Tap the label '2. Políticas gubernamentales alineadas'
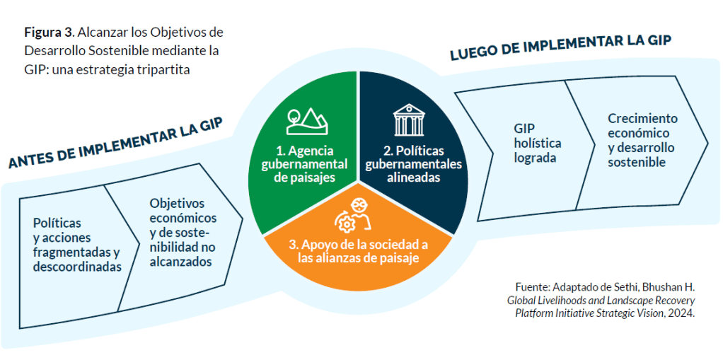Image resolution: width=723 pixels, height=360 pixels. pyautogui.click(x=412, y=164)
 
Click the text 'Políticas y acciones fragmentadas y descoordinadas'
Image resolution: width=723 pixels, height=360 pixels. pyautogui.click(x=76, y=245)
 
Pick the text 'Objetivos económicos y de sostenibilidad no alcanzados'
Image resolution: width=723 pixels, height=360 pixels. pyautogui.click(x=183, y=232)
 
